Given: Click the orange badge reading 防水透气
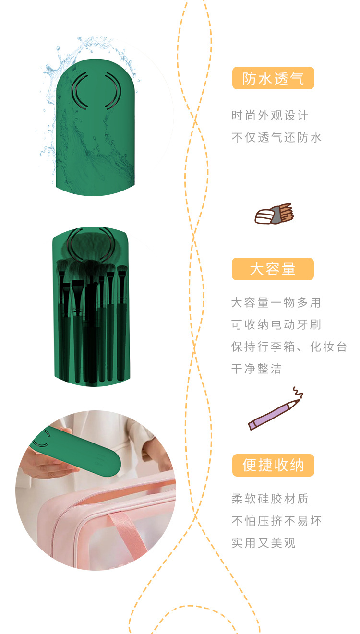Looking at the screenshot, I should click(x=273, y=78).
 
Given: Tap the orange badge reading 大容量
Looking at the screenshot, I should click(x=273, y=269).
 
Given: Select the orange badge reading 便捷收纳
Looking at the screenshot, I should click(x=273, y=466).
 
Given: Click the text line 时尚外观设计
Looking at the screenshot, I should click(x=270, y=116).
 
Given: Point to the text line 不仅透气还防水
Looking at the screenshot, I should click(x=276, y=138).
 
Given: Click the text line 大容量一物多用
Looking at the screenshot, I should click(x=276, y=303).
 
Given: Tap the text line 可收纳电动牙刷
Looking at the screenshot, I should click(x=276, y=325).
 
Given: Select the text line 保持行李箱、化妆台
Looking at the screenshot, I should click(x=289, y=347).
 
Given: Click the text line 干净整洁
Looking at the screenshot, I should click(x=256, y=369).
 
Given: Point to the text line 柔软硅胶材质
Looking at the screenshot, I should click(x=270, y=499).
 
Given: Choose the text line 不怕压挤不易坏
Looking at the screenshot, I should click(x=276, y=521).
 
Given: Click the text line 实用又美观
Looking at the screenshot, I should click(x=264, y=543).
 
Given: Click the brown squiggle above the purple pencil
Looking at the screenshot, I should click(x=298, y=392).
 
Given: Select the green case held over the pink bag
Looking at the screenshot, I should click(x=82, y=449).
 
